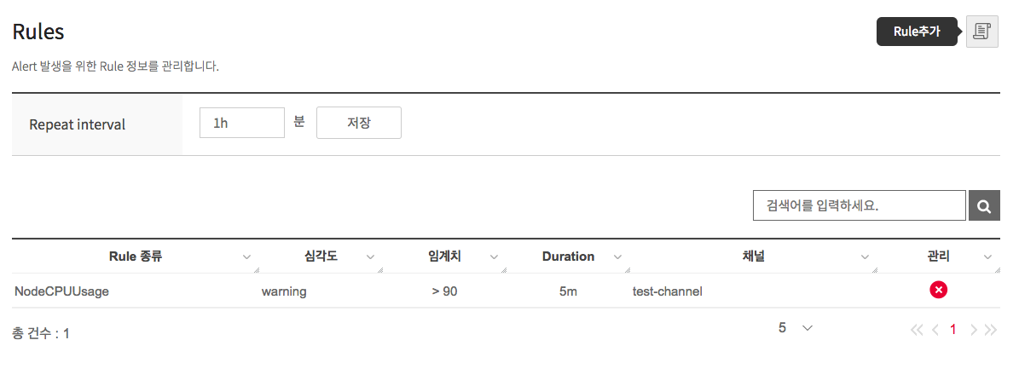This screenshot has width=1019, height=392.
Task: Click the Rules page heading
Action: (38, 32)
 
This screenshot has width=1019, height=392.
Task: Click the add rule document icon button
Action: (981, 32)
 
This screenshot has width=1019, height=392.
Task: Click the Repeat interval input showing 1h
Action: (241, 123)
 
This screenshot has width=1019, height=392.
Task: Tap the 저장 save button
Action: (358, 123)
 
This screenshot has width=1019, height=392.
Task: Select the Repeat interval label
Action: (77, 124)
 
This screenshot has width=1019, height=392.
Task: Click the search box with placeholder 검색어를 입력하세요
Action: (859, 205)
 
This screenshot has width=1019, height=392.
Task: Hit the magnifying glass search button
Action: (984, 205)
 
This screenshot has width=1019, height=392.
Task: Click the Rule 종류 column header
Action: (136, 257)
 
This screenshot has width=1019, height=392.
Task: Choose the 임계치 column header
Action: (444, 257)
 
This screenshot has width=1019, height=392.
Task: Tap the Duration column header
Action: (568, 257)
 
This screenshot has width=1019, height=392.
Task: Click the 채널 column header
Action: (753, 257)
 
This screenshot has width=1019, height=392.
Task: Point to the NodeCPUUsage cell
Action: (61, 291)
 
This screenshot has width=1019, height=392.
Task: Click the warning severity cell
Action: (284, 291)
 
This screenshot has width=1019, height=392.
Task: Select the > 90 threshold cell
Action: (444, 291)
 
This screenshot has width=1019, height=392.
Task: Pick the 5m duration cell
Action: (568, 291)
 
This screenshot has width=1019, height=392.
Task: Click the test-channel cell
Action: (667, 291)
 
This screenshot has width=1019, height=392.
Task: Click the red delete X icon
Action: (938, 291)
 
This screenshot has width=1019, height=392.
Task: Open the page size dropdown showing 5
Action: (795, 328)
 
